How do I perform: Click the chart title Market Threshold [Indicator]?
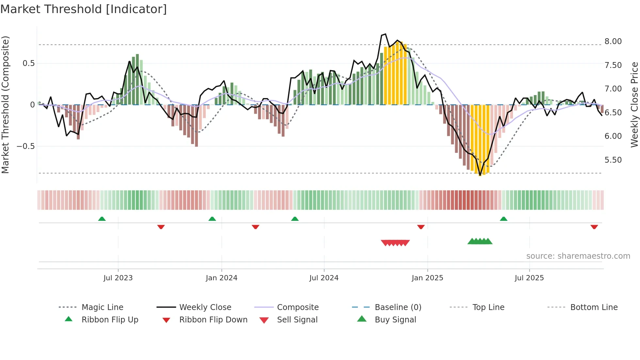click(x=84, y=9)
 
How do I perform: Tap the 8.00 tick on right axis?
click(x=613, y=41)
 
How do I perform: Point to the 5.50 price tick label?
click(x=613, y=160)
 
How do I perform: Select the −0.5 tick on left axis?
click(x=25, y=146)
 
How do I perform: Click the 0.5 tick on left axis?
click(x=28, y=63)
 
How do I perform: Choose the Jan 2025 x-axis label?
click(x=427, y=278)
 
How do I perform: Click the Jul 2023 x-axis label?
click(x=118, y=278)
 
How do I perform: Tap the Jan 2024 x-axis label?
click(x=221, y=278)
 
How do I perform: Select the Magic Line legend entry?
click(x=102, y=307)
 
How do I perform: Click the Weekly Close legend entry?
click(x=205, y=307)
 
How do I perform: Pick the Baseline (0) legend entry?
click(x=398, y=307)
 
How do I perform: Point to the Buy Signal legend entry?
click(x=395, y=320)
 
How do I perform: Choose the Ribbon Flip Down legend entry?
click(x=213, y=320)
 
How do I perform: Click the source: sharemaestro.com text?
click(x=578, y=256)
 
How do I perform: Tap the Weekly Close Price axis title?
click(x=634, y=105)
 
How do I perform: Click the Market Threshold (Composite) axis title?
click(x=5, y=105)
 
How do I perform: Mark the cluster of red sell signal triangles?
click(x=395, y=243)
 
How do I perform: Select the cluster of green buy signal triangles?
click(x=480, y=241)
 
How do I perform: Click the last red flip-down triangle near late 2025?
click(x=594, y=227)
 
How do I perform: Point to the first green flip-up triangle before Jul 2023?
click(x=102, y=219)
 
